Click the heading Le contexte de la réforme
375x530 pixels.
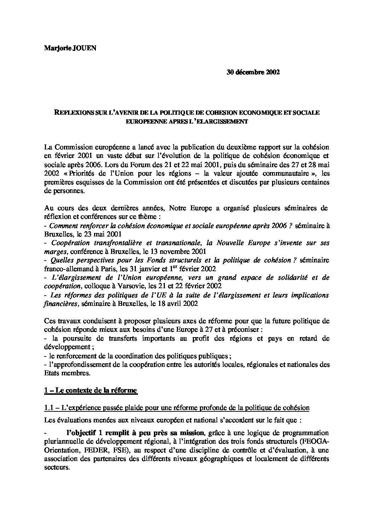(x=91, y=391)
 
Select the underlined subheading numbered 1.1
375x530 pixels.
(x=177, y=408)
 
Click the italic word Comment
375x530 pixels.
(x=61, y=226)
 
